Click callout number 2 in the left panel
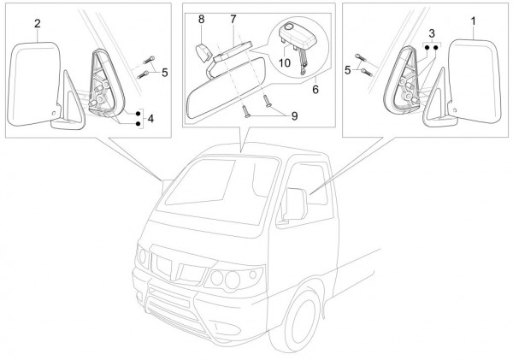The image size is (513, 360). pos(38,24)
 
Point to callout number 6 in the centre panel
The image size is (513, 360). pos(316,88)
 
